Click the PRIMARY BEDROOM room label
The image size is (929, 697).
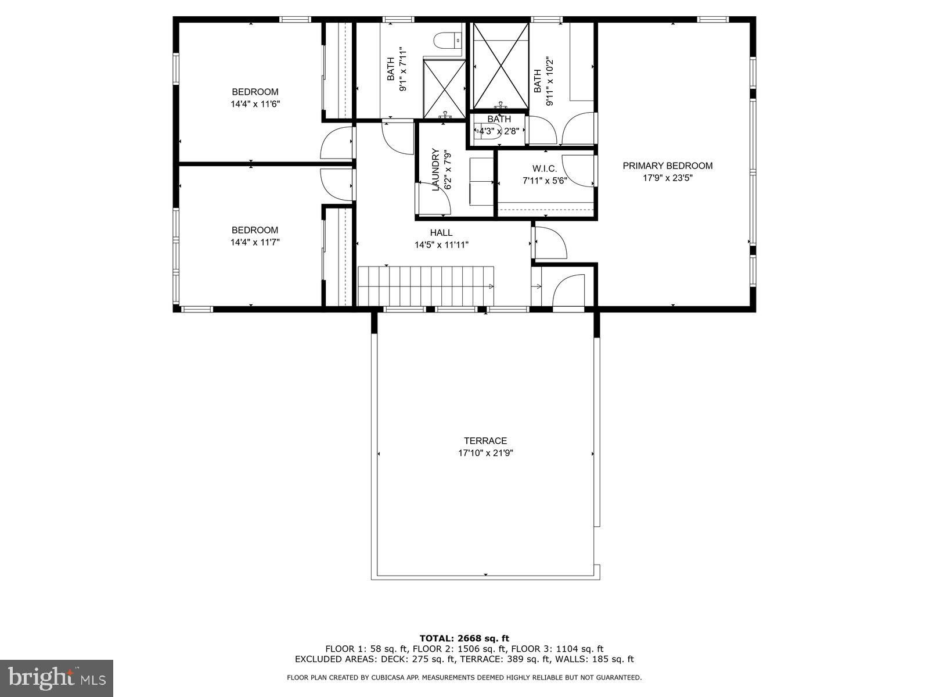click(x=668, y=166)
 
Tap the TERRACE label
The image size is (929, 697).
click(x=485, y=440)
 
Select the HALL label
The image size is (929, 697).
click(x=441, y=232)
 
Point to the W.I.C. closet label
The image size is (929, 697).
click(x=544, y=168)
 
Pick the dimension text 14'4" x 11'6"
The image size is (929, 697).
click(x=255, y=104)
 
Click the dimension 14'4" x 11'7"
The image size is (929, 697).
click(x=255, y=242)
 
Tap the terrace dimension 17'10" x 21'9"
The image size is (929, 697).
click(x=485, y=453)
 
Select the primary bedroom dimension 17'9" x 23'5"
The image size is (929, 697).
click(x=668, y=178)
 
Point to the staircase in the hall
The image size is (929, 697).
click(x=426, y=286)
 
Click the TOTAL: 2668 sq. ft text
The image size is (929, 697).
click(x=464, y=638)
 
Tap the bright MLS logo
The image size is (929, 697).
click(x=57, y=678)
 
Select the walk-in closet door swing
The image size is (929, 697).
click(x=579, y=171)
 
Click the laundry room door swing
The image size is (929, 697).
click(x=435, y=198)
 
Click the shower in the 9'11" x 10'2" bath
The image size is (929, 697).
click(x=500, y=66)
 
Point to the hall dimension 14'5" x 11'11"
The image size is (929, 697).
click(x=441, y=245)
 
